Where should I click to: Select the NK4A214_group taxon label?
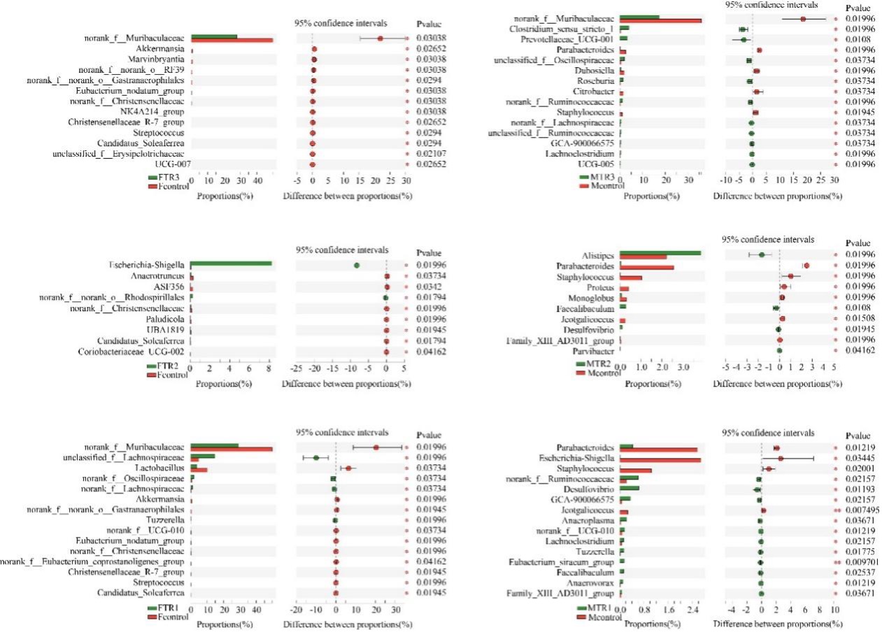(152, 111)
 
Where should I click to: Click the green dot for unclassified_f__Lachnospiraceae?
(316, 458)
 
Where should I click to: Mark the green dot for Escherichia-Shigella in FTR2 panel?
(357, 265)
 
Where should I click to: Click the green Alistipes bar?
(660, 253)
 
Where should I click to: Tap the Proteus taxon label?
(601, 287)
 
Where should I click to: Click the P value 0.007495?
(858, 511)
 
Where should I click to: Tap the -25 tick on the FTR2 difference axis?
(297, 366)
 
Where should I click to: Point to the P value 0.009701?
(858, 561)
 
